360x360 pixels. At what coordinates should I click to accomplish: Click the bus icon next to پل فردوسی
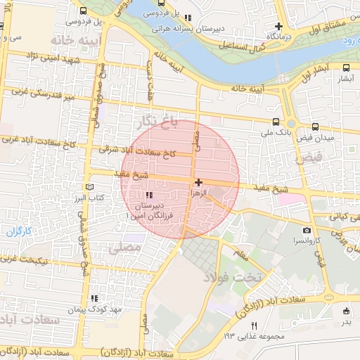(84, 11)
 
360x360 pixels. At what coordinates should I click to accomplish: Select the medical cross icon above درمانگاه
(278, 26)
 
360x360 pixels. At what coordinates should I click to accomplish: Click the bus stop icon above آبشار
(347, 68)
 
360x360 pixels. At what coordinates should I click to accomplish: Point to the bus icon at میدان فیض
(314, 127)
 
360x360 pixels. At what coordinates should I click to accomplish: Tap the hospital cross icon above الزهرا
(199, 181)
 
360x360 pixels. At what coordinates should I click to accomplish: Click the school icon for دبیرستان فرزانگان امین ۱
(148, 195)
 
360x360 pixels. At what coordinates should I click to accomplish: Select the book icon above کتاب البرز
(89, 187)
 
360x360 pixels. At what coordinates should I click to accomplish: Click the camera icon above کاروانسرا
(307, 230)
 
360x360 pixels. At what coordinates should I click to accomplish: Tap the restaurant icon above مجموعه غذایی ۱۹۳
(255, 325)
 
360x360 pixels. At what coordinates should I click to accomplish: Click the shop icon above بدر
(346, 311)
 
